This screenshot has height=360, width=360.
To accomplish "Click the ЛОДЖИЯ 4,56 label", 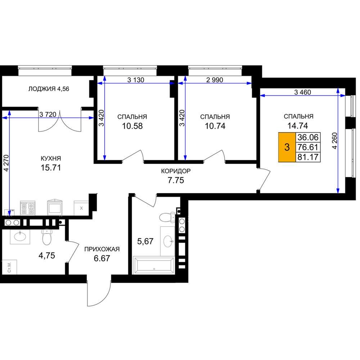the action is [49, 89].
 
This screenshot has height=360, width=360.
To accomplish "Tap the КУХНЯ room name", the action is [51, 158].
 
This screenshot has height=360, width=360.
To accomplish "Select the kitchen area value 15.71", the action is [51, 168].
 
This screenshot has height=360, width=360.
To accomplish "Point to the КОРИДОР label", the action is [176, 171].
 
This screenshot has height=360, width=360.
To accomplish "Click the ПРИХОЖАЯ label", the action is [102, 249].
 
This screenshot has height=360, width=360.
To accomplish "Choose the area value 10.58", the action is [132, 126].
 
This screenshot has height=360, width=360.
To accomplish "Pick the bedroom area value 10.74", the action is [215, 126].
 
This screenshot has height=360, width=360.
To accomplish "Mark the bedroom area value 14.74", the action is [298, 126].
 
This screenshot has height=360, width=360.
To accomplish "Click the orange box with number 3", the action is [287, 147].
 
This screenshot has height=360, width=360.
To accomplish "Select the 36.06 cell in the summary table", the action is [308, 137].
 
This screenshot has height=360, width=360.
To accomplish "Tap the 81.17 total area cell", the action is [308, 157].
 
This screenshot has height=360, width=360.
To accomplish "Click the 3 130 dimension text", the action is [136, 80].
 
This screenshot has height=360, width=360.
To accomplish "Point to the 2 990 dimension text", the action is [215, 80].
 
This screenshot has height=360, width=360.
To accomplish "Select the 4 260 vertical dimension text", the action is [335, 141].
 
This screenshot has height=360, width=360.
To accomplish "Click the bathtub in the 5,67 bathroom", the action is [154, 265].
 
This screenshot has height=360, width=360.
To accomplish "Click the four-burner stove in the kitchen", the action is [28, 208].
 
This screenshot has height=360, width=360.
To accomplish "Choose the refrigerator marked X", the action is [81, 208].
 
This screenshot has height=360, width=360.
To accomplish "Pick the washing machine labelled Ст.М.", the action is [9, 267].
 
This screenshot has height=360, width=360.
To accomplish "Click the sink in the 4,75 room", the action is [20, 237].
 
